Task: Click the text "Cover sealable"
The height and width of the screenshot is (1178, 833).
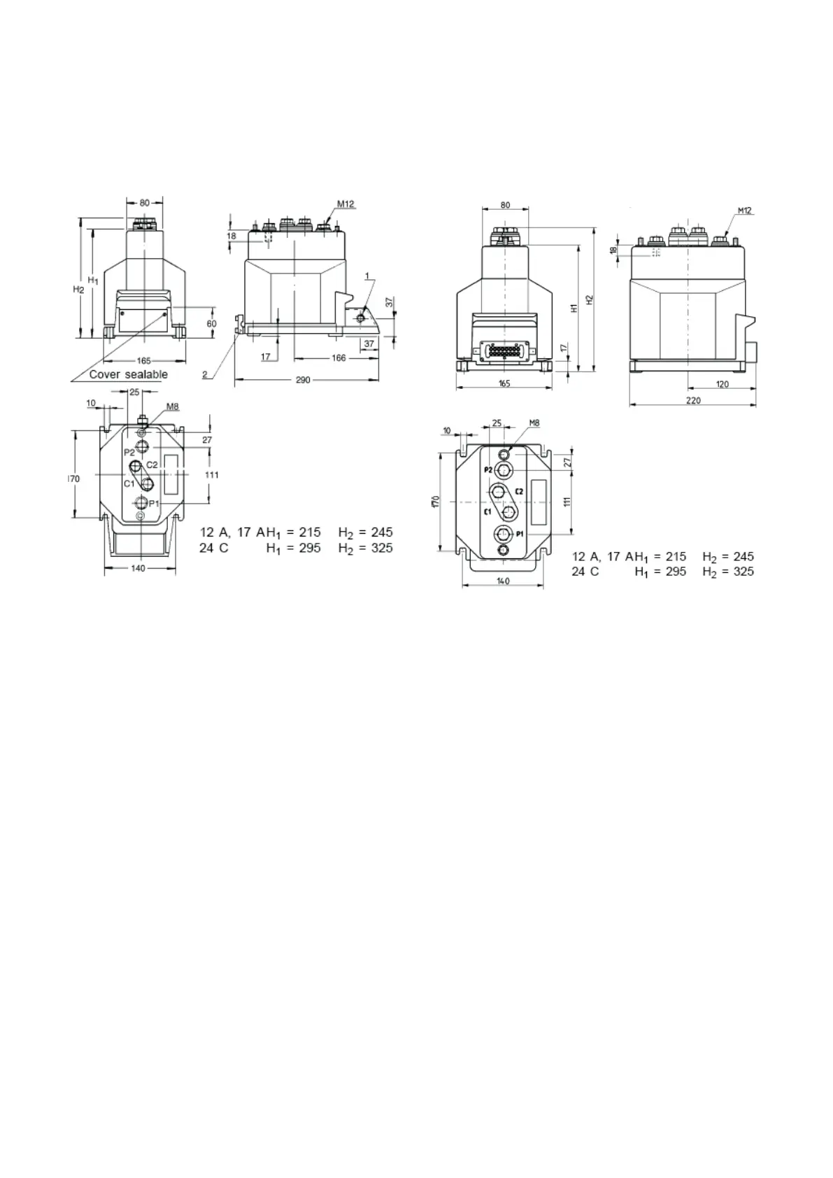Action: click(x=128, y=374)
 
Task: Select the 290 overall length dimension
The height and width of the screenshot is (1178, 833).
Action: click(x=303, y=380)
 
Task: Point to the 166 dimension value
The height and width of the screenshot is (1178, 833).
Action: click(x=339, y=358)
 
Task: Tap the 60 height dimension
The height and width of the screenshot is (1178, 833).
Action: click(x=211, y=323)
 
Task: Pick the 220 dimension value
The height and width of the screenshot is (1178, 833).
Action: click(x=693, y=401)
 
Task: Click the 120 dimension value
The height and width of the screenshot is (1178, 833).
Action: click(x=722, y=385)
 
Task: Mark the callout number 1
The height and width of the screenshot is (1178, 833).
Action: click(x=367, y=276)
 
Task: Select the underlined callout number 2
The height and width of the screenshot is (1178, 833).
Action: click(x=205, y=375)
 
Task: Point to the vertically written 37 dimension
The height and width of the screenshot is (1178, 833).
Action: click(x=389, y=302)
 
